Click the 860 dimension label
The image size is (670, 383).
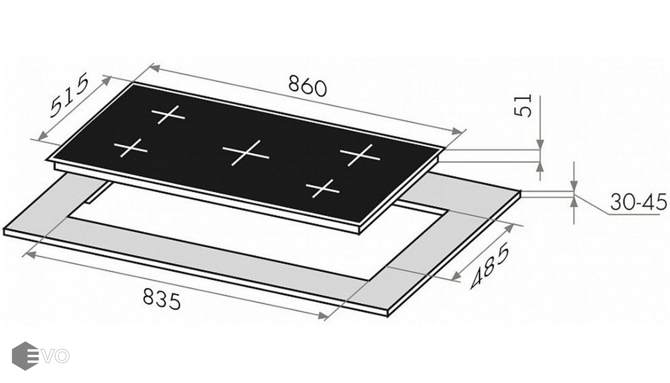[x=307, y=87]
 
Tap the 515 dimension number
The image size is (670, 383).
[x=69, y=95]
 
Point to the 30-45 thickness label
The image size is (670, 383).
[x=639, y=202]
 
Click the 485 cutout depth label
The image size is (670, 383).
[x=490, y=266]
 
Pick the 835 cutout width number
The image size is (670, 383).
[x=161, y=299]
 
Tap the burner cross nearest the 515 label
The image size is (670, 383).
[x=169, y=114]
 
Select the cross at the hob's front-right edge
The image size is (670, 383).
[x=323, y=189]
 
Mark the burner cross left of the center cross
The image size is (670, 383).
[x=131, y=148]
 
